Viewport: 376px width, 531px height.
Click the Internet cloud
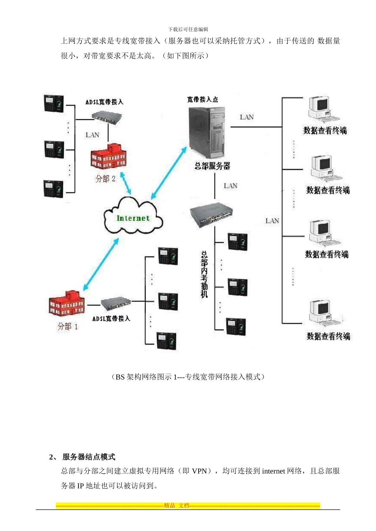tap(133, 218)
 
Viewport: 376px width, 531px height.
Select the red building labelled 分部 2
tap(108, 156)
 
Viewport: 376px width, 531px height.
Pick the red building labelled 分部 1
tap(66, 304)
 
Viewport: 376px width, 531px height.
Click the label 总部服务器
tap(212, 166)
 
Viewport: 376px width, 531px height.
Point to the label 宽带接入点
tap(202, 100)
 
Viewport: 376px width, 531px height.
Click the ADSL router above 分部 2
tap(107, 117)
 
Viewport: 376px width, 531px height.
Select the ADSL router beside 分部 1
tap(116, 304)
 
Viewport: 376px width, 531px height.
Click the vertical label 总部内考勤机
tap(204, 274)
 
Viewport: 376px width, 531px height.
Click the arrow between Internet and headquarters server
tap(169, 173)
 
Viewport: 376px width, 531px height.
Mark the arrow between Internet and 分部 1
tap(101, 265)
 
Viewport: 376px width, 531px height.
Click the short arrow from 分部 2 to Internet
tap(125, 183)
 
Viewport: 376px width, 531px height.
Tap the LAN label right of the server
tap(247, 117)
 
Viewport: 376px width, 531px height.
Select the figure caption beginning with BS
tap(188, 377)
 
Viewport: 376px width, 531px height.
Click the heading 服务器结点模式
tap(89, 457)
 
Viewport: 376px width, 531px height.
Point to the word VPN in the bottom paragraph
tap(199, 471)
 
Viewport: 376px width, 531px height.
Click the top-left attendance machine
tap(54, 104)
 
